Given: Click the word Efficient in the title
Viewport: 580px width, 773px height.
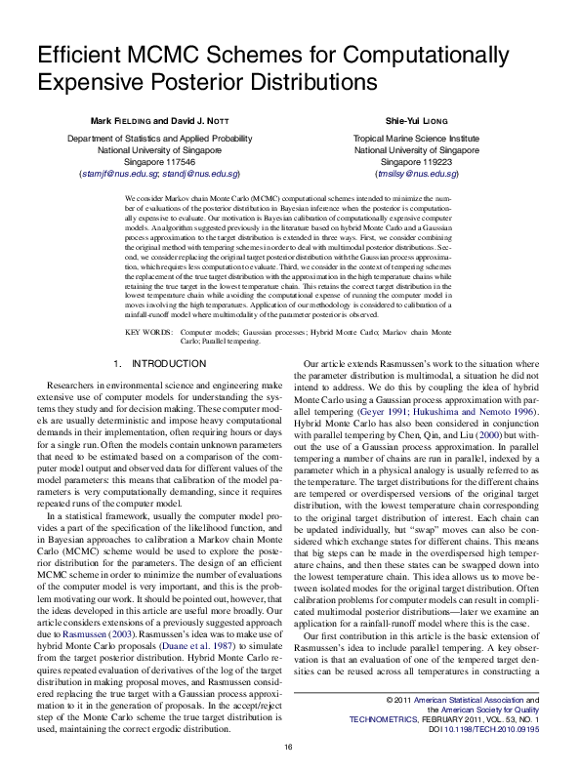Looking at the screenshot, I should (x=76, y=58).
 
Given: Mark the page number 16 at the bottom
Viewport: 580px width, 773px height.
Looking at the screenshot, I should (x=289, y=747).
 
